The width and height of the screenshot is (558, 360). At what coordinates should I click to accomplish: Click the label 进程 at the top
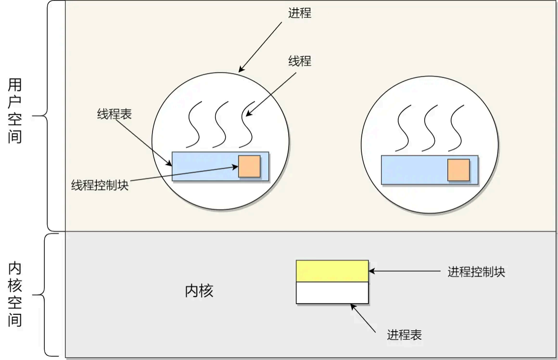coord(300,13)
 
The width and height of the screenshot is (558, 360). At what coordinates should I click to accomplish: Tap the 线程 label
coord(300,61)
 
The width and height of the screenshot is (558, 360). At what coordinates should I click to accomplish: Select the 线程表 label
coord(114,114)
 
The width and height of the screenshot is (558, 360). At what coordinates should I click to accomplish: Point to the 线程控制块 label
coord(100,185)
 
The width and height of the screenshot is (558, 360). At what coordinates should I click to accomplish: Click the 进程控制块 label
coord(476,272)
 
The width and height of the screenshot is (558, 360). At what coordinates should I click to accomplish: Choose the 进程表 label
coord(404,335)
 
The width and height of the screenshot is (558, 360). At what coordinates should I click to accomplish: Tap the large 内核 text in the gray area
coord(199,291)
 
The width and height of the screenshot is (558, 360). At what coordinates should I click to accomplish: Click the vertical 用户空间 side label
coord(15,111)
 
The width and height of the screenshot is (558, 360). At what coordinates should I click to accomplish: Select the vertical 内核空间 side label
coord(15,294)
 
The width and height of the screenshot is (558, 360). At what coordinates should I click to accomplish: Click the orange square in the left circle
coord(249,166)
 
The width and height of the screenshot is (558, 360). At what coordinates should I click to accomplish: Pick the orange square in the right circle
coord(458,170)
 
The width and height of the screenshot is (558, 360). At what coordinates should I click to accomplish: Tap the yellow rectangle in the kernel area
coord(332,271)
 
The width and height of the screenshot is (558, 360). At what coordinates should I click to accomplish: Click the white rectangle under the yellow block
coord(332,293)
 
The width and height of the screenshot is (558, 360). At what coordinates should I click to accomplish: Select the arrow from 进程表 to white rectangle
coord(363,317)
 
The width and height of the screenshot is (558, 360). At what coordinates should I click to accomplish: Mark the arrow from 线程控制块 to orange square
coord(183,174)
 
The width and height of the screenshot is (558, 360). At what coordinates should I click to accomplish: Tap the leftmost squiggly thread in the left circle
coord(194,124)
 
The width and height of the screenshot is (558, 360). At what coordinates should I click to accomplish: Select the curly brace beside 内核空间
coord(46,295)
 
